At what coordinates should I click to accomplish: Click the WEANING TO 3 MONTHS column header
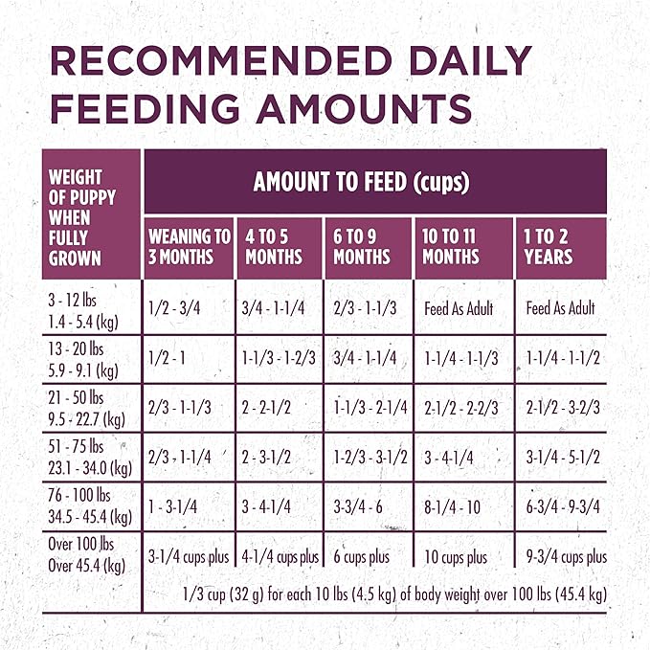[189, 246]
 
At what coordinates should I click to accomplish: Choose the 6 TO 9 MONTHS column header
[362, 246]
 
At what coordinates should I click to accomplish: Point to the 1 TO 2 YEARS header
[549, 246]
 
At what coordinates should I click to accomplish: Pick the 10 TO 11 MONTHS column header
[451, 246]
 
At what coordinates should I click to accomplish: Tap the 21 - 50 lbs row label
[83, 406]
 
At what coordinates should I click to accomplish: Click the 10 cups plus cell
[456, 557]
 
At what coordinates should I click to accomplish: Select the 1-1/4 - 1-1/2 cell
[563, 357]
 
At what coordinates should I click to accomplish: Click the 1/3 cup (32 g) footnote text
[393, 594]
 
